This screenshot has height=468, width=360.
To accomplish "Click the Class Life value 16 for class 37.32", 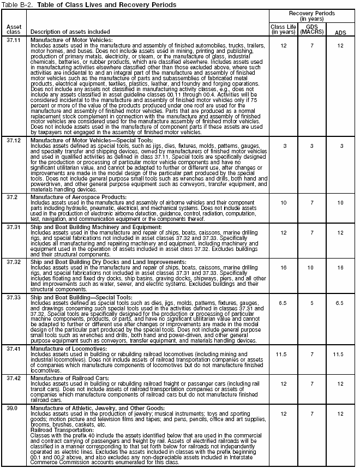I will coord(283,268).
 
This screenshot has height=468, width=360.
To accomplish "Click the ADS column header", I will coord(339,32).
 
